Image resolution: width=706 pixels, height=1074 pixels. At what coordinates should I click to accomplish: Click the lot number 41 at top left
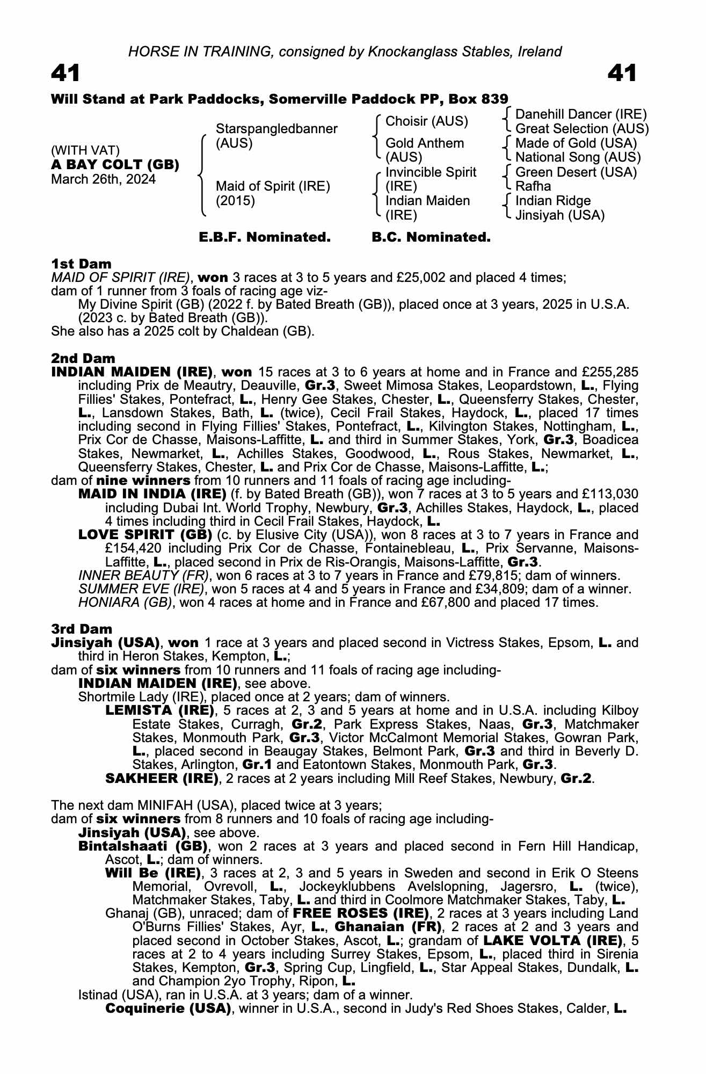pos(65,73)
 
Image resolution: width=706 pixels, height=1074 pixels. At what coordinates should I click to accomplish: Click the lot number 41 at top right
pos(622,73)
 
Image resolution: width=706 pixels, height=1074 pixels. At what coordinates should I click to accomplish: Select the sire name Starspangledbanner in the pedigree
pos(276,129)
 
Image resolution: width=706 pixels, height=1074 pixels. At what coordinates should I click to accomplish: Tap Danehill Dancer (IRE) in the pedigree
pos(580,114)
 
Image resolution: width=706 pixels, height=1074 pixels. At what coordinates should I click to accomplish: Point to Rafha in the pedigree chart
pos(533,186)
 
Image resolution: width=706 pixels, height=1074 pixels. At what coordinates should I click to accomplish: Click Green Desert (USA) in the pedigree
pos(576,172)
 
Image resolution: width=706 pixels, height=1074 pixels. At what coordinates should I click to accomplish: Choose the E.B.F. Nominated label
pos(265,237)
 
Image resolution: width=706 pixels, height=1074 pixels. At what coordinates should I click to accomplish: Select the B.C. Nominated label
pos(431,237)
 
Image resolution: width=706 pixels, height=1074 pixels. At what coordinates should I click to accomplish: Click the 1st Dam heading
pos(81,264)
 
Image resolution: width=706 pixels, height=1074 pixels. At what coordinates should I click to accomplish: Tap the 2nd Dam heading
pos(83,358)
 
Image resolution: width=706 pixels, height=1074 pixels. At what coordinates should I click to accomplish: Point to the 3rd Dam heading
pos(82,629)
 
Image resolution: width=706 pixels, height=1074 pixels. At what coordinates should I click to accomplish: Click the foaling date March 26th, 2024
pos(103,179)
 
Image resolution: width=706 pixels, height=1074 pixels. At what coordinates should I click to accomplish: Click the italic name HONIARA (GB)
pos(126,603)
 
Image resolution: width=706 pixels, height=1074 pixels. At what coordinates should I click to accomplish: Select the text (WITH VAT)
pos(85,150)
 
